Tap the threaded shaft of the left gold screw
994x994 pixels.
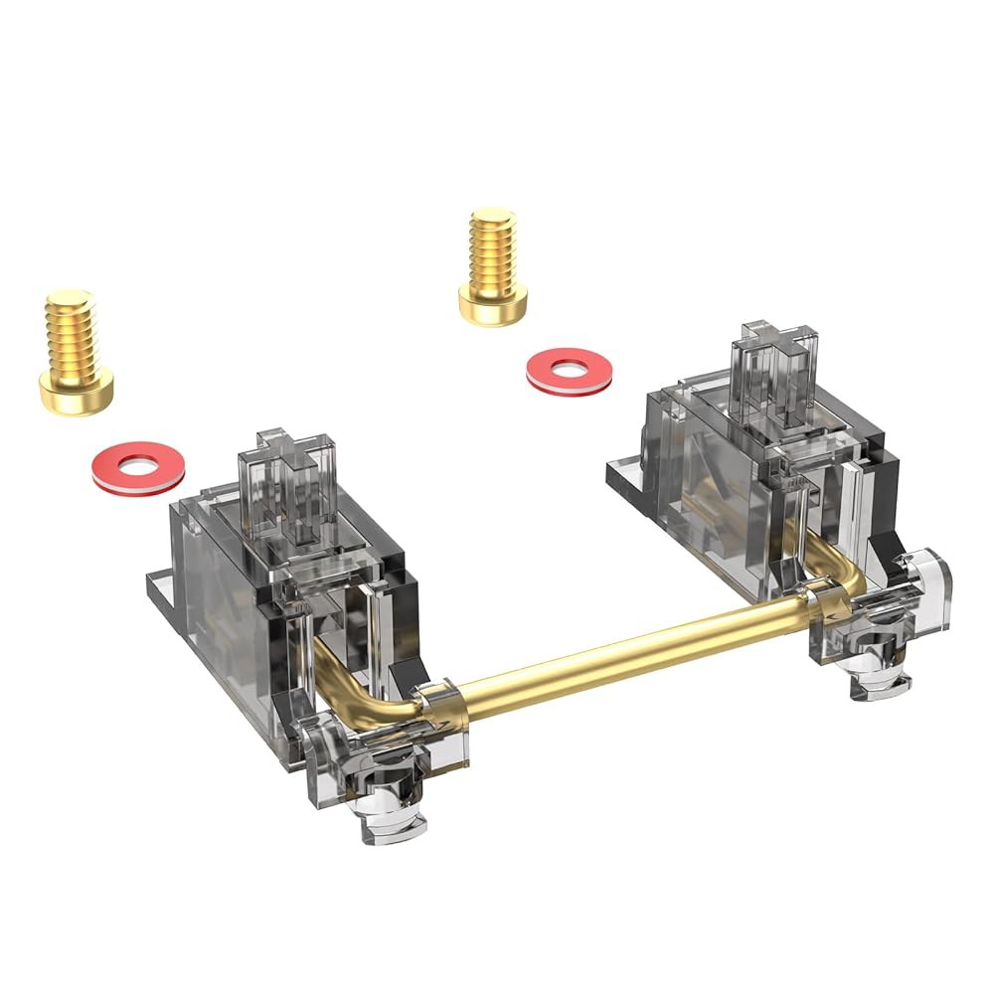click(x=71, y=324)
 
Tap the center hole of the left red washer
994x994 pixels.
click(x=138, y=464)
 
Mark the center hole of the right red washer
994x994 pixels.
click(x=569, y=369)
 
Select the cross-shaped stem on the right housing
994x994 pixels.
click(x=772, y=372)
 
